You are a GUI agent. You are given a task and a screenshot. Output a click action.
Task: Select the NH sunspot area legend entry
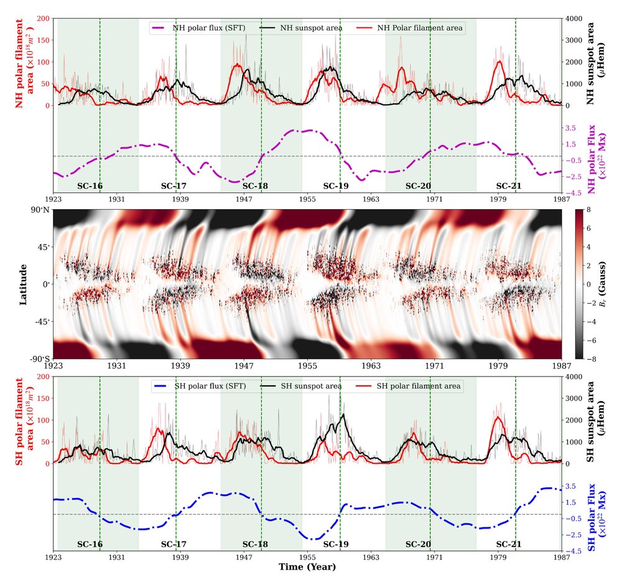(307, 27)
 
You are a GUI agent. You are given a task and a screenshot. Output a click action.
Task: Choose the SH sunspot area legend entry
(307, 386)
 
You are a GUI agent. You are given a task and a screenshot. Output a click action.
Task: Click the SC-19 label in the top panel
(335, 185)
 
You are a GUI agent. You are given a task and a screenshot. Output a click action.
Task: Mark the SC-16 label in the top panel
(90, 185)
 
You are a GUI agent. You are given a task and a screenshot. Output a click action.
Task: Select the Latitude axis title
(24, 284)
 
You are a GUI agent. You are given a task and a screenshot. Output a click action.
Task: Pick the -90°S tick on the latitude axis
(40, 359)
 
